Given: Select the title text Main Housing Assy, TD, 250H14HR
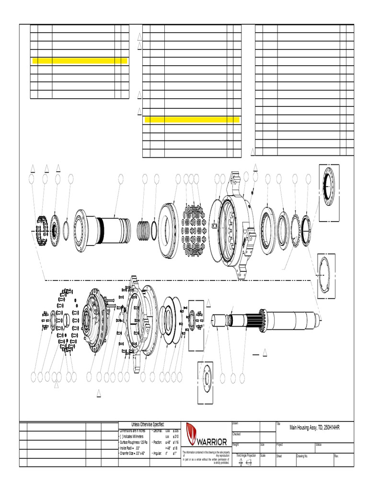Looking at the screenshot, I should pos(316,427).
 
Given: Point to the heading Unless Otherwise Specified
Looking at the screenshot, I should pos(148,424).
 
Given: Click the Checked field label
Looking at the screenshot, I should pos(236,434).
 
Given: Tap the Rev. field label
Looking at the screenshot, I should pos(336,456).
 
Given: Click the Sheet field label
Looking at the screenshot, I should pos(279,456).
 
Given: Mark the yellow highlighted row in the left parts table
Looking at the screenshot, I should pos(80,61).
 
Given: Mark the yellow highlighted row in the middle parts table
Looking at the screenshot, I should pos(192,119).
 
